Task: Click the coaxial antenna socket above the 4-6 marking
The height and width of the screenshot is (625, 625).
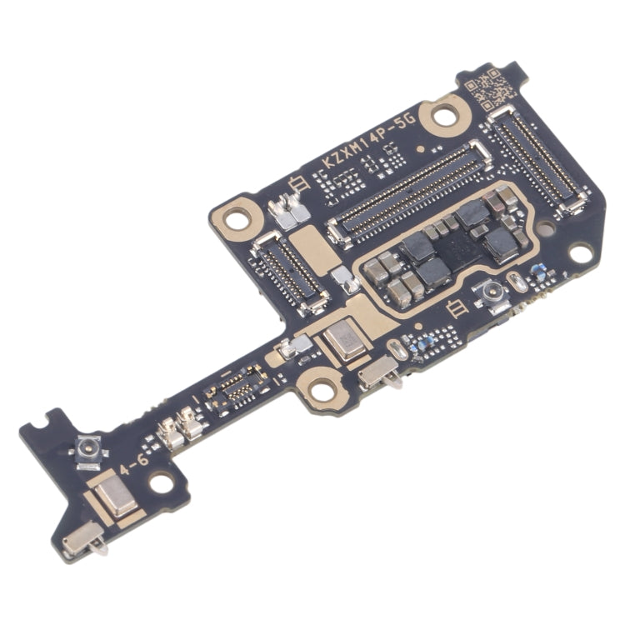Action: click(87, 451)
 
